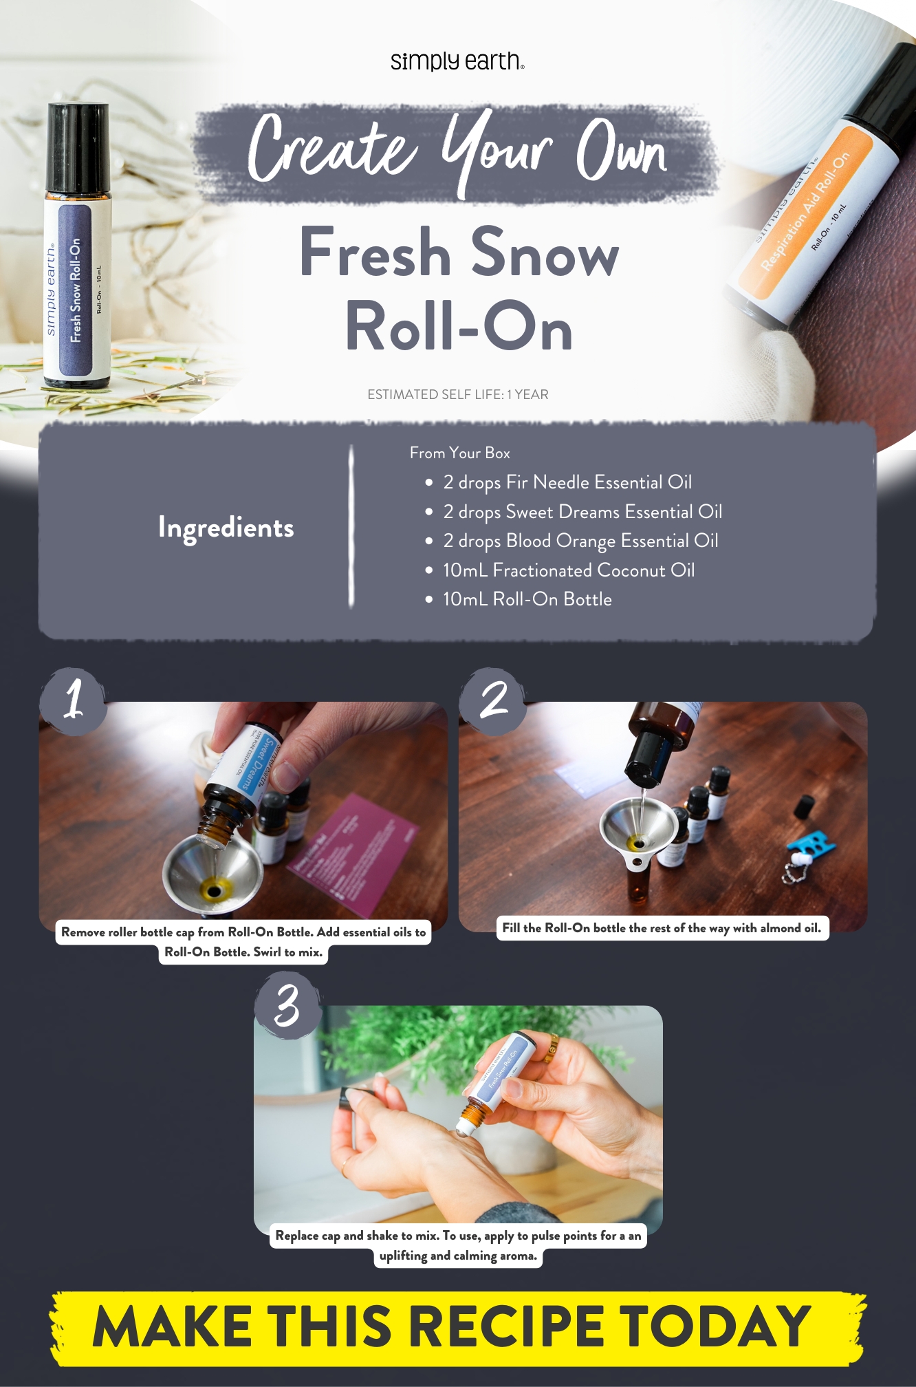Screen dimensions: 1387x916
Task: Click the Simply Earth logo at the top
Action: (x=457, y=61)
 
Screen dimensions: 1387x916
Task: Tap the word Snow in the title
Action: (x=545, y=253)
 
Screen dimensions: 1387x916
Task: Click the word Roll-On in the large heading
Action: (x=459, y=327)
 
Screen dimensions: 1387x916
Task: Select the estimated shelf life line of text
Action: (x=457, y=394)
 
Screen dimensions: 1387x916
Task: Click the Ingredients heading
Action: (x=226, y=528)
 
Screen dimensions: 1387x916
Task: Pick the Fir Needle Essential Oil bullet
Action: (x=567, y=482)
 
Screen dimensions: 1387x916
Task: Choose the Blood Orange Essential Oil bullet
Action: (x=580, y=541)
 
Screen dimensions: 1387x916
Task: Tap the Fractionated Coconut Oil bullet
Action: (x=568, y=570)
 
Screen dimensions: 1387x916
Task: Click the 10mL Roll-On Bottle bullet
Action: (x=527, y=599)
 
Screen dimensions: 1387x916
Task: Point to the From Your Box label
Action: (x=459, y=453)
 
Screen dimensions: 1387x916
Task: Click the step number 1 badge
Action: (x=74, y=700)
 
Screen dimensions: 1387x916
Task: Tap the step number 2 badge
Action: (x=492, y=700)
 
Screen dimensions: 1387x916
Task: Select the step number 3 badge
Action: (x=287, y=1005)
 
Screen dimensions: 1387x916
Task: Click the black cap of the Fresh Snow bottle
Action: (x=77, y=147)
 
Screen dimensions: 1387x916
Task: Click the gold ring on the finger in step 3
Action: (x=551, y=1049)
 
